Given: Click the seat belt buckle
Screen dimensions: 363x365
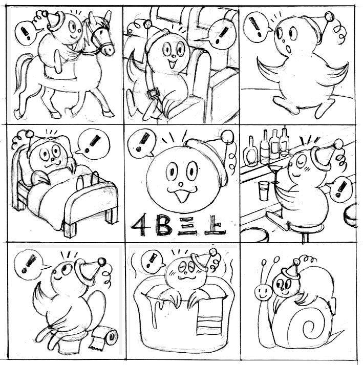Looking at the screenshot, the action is click(x=153, y=94).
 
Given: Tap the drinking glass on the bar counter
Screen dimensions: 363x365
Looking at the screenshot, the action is click(x=264, y=191).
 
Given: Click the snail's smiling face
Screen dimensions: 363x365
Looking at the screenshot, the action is click(x=263, y=293).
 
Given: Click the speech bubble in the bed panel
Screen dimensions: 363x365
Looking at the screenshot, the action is click(x=93, y=144).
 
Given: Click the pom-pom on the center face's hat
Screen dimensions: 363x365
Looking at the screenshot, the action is click(x=227, y=136).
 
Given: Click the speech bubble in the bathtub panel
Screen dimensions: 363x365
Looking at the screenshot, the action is click(x=153, y=261).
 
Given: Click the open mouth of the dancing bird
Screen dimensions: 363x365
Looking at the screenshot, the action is click(x=288, y=49).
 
